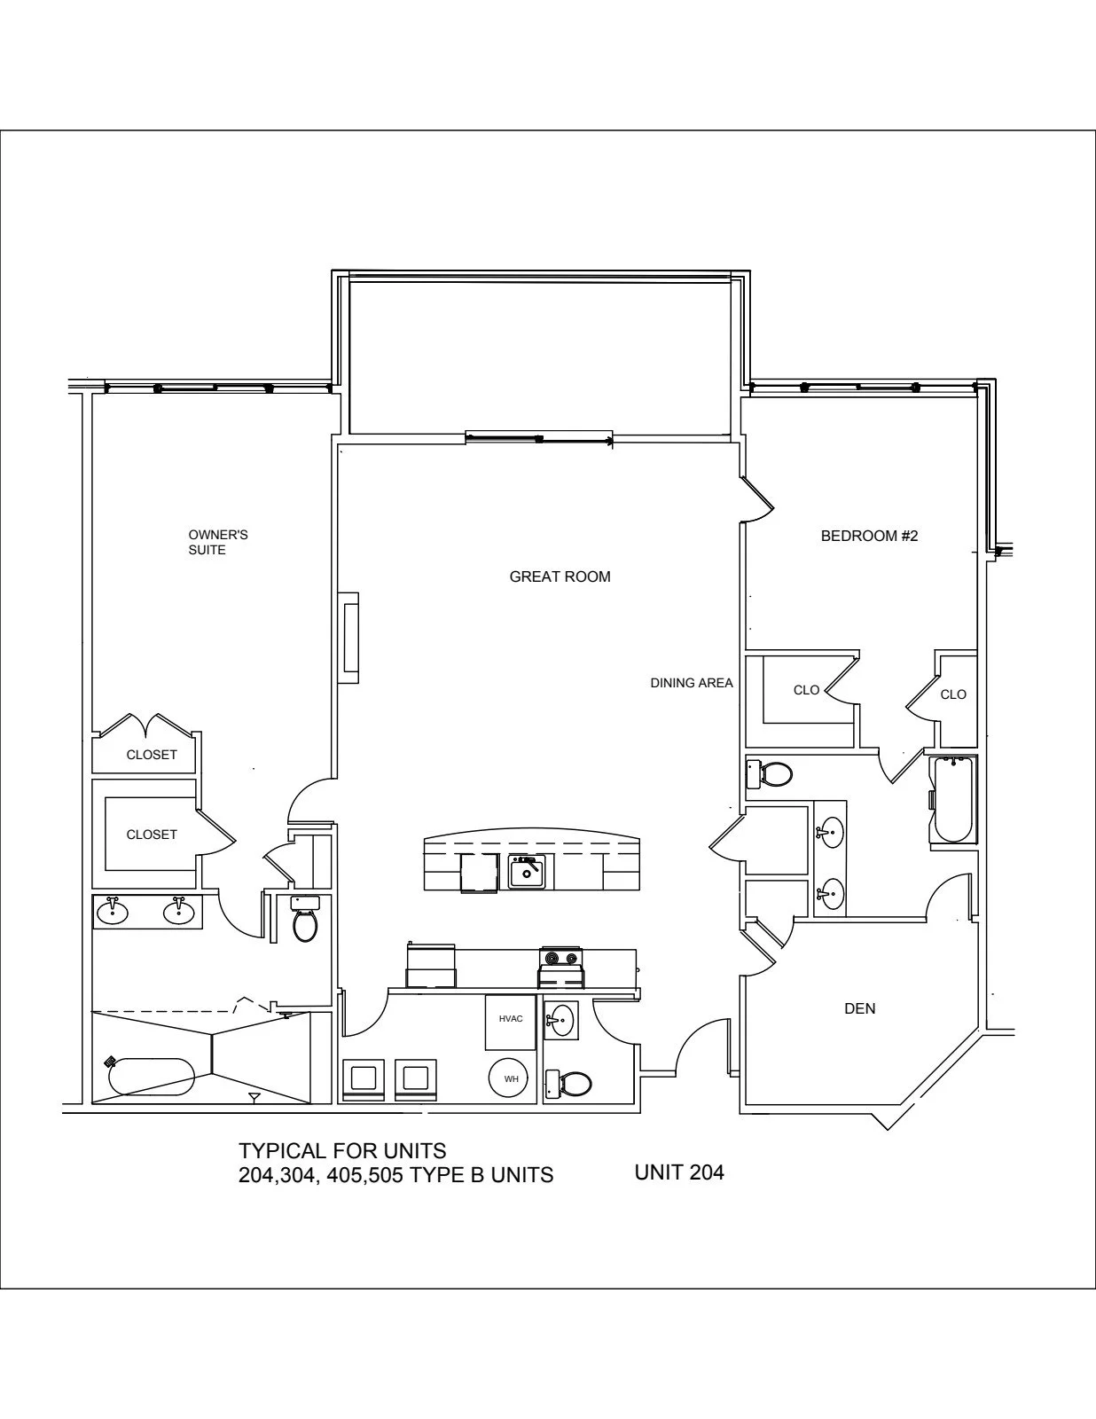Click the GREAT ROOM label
point(560,576)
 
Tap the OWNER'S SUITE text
point(218,542)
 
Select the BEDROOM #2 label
point(869,537)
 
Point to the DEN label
point(860,1008)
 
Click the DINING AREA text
point(692,683)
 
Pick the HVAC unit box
point(511,1022)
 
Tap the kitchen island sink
point(526,873)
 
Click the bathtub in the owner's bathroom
point(152,1077)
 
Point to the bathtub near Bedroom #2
point(953,800)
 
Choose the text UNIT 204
point(679,1172)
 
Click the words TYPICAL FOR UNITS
point(342,1150)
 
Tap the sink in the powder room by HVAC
point(560,1020)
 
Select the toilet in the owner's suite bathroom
point(305,919)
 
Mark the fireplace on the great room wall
point(348,638)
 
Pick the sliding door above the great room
point(539,437)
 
